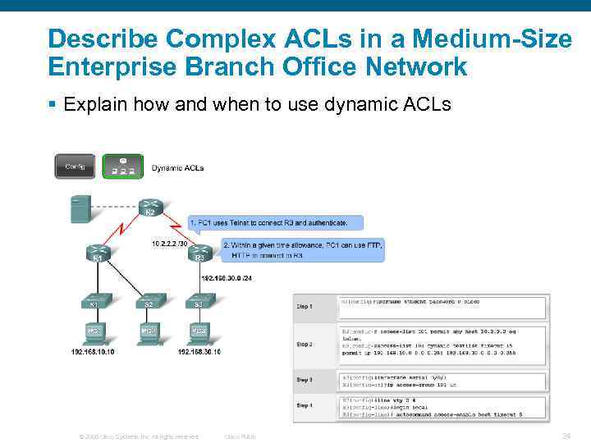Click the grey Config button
click(75, 167)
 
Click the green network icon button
click(122, 167)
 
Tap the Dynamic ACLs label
click(177, 168)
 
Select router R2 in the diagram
click(149, 208)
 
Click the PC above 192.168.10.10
click(95, 333)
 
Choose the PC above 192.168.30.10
click(199, 333)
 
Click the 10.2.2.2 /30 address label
click(169, 242)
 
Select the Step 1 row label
click(304, 306)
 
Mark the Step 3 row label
click(304, 379)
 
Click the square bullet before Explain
click(52, 104)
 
